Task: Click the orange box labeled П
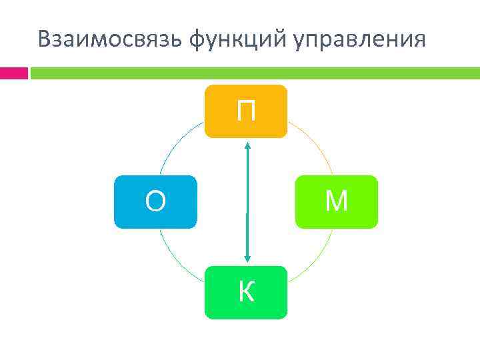246,111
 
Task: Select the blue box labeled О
155,202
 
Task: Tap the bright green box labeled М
336,202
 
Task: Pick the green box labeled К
246,293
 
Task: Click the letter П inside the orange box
246,111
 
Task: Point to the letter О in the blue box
155,201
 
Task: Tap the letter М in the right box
336,201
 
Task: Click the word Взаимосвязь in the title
110,39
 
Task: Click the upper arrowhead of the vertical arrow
247,143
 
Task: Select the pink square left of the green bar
13,73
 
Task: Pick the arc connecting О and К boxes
175,257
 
